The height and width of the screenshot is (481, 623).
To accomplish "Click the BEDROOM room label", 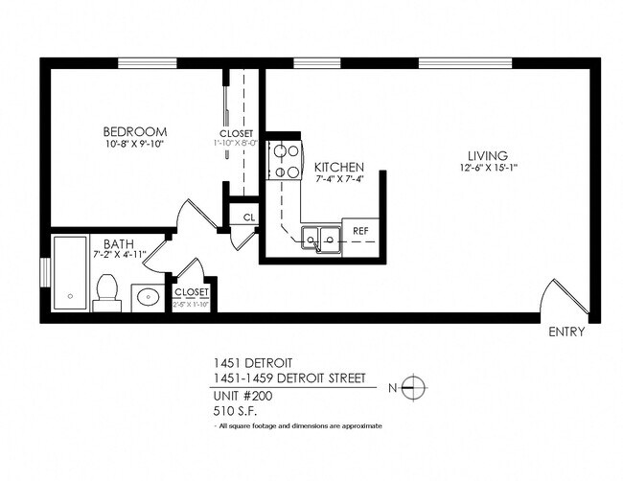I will pyautogui.click(x=135, y=131).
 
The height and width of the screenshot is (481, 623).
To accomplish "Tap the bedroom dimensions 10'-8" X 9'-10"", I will pyautogui.click(x=135, y=145).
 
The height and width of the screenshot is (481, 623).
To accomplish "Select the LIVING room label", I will pyautogui.click(x=487, y=156).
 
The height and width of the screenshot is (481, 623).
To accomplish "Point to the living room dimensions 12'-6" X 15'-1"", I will pyautogui.click(x=487, y=170).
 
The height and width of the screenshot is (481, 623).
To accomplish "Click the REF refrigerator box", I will pyautogui.click(x=361, y=232).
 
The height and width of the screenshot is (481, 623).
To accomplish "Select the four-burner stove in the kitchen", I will pyautogui.click(x=284, y=161).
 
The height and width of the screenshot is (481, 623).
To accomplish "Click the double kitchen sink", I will pyautogui.click(x=320, y=238).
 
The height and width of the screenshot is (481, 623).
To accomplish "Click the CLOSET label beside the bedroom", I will pyautogui.click(x=237, y=133).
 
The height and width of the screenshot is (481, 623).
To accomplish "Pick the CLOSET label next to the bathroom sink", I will pyautogui.click(x=192, y=291).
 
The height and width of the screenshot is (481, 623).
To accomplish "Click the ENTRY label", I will pyautogui.click(x=566, y=332).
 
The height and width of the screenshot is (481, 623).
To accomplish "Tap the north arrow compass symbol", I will pyautogui.click(x=413, y=389).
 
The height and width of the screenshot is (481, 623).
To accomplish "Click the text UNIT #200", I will pyautogui.click(x=243, y=396).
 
